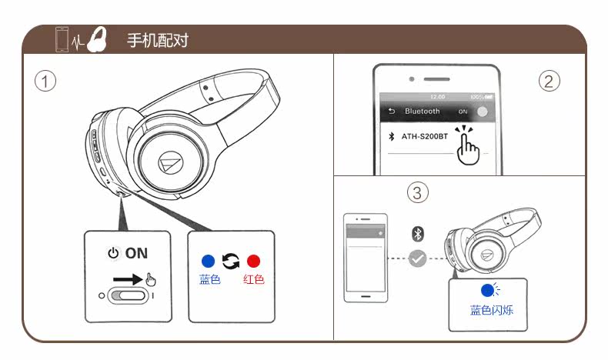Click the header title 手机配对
[157, 40]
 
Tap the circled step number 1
[46, 81]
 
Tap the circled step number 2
[548, 81]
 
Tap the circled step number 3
[417, 192]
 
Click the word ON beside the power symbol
[136, 253]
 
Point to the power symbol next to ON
[113, 253]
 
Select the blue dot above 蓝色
[208, 261]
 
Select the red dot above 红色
[253, 261]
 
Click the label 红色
[253, 279]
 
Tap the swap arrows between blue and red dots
[230, 261]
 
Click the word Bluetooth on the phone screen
[423, 112]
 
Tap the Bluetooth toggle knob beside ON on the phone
[482, 112]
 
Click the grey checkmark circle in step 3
[418, 258]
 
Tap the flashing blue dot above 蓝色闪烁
[486, 291]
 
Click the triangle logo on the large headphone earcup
[170, 162]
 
